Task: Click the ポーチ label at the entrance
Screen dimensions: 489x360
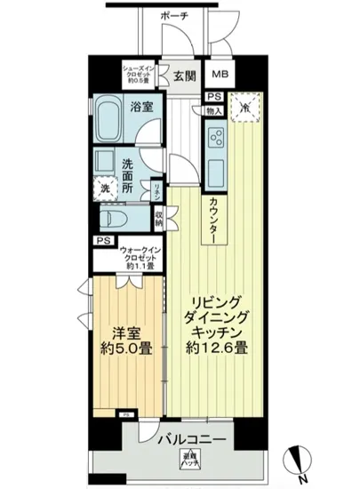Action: pyautogui.click(x=175, y=16)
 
